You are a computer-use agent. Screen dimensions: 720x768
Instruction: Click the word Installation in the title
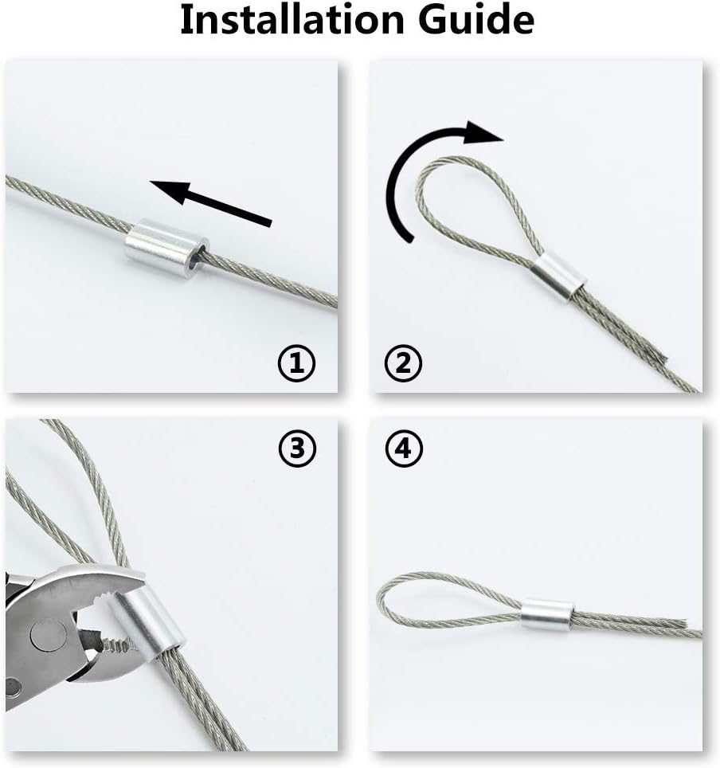point(292,20)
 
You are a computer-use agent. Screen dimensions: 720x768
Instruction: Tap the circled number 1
point(297,363)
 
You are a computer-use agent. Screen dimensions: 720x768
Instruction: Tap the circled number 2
point(403,363)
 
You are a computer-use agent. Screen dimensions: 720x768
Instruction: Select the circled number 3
point(297,449)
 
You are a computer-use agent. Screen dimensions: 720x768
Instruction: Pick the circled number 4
point(404,449)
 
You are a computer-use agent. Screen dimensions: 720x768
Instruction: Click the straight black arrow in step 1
point(210,203)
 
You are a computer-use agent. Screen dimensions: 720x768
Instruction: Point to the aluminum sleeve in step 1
point(166,249)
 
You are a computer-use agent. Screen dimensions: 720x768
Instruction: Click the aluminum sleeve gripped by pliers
point(147,623)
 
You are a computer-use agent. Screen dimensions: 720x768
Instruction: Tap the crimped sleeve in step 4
point(546,614)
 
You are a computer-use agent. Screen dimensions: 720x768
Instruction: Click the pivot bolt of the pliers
point(49,638)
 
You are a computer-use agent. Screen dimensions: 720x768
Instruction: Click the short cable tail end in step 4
point(681,624)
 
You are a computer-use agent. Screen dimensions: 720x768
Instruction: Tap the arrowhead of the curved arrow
point(483,133)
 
